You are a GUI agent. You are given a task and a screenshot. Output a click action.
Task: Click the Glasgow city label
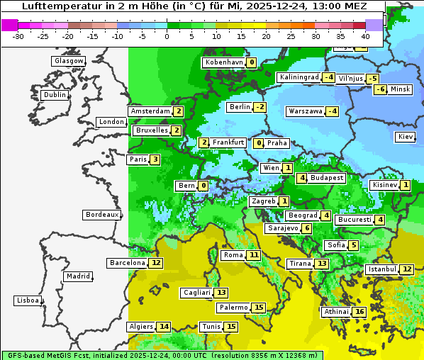(x=69, y=61)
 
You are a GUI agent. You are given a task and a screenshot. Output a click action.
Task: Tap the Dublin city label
(x=55, y=95)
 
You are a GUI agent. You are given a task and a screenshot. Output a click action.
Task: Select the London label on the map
(x=111, y=122)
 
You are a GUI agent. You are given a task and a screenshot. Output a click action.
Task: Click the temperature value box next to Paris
(x=155, y=159)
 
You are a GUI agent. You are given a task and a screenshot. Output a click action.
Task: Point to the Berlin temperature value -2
(x=260, y=107)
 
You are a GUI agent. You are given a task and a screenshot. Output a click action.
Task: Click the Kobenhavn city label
(x=223, y=62)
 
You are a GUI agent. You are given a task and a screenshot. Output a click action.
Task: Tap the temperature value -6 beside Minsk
(x=380, y=89)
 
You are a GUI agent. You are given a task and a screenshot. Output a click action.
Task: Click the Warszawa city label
(x=305, y=111)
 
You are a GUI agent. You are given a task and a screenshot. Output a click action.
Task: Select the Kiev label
(x=406, y=137)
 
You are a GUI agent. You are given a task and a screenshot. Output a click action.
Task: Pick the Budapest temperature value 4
(x=301, y=178)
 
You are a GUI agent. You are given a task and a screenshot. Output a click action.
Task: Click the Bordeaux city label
(x=101, y=215)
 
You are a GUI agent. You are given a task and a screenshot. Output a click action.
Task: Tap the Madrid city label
(x=78, y=276)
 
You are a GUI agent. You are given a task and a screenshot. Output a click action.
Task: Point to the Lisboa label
(x=28, y=300)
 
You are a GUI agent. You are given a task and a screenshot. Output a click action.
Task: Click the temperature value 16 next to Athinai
(x=359, y=312)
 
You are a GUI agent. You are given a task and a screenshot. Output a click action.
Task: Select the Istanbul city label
(x=381, y=269)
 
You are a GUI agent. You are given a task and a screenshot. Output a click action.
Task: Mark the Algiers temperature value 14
(x=164, y=327)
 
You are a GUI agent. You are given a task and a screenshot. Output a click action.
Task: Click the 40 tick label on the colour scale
(x=365, y=36)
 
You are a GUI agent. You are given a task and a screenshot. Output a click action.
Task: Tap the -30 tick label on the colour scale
(x=18, y=36)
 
